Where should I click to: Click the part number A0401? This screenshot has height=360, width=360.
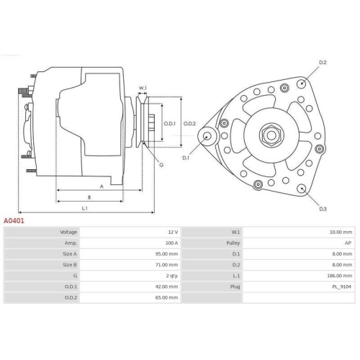point(14,221)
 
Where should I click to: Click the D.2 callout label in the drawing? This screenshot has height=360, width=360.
point(323,63)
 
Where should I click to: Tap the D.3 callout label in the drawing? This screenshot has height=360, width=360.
point(322,209)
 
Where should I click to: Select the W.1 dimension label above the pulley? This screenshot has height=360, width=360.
point(143,88)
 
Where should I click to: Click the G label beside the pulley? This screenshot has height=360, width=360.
point(161,165)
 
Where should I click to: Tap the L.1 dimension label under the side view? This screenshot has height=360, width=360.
point(84,208)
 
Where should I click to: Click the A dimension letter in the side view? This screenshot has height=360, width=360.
point(101,186)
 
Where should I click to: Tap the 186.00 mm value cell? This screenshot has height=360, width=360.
point(340,276)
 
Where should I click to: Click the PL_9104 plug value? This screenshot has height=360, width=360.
point(342,287)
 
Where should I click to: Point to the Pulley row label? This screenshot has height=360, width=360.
point(233,243)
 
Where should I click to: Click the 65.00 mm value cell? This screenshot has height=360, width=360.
point(166,297)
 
